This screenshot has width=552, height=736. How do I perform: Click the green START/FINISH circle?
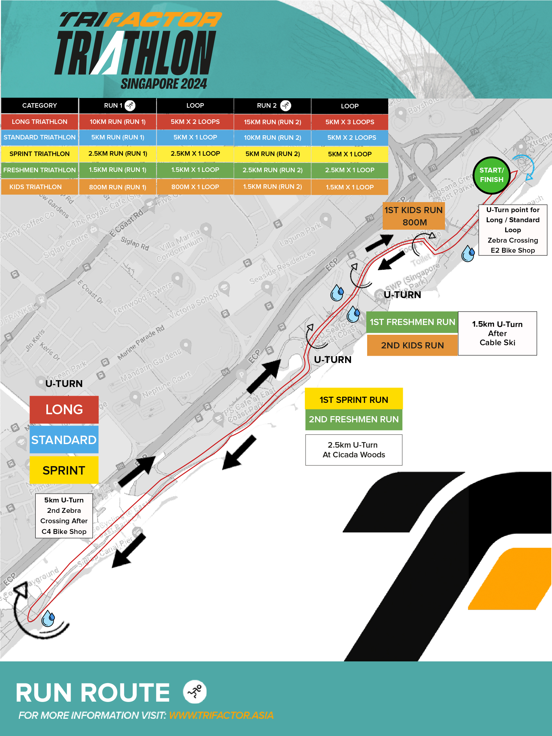[491, 175]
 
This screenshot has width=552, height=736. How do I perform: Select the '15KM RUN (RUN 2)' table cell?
[272, 122]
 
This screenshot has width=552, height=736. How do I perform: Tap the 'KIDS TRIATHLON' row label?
[36, 187]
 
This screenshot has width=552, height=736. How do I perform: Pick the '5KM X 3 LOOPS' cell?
[349, 122]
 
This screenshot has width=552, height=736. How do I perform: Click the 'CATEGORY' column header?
[39, 105]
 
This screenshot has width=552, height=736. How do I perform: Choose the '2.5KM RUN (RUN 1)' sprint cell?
[117, 153]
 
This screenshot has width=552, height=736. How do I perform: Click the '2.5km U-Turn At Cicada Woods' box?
[354, 450]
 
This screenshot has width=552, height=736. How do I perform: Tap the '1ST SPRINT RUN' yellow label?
[354, 399]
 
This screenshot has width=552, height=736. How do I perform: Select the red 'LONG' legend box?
[64, 409]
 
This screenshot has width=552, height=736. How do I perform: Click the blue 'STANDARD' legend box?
[64, 440]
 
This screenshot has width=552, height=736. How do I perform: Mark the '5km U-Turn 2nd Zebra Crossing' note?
[64, 515]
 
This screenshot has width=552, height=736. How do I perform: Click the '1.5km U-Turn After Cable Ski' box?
[497, 333]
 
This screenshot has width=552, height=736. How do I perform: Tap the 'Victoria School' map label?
[194, 304]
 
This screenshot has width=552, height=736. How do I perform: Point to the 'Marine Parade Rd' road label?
[141, 343]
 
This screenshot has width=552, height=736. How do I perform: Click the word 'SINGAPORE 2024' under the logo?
[164, 83]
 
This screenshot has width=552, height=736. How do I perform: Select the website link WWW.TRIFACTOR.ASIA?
[221, 715]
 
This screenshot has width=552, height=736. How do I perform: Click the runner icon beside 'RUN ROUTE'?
[195, 692]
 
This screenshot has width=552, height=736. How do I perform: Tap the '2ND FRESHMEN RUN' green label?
[354, 419]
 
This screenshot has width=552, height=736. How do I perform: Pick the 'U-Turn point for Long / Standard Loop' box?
[512, 230]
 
